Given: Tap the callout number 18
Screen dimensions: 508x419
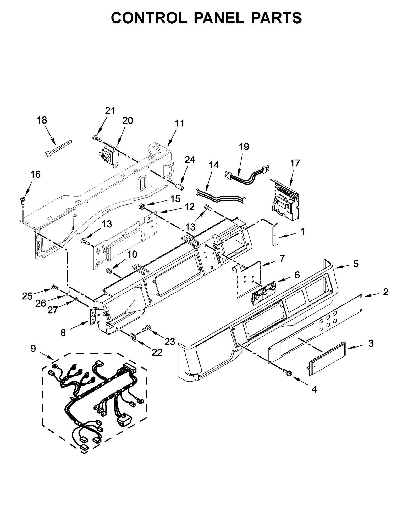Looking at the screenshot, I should (x=42, y=120).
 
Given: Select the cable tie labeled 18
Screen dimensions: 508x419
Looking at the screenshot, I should (x=58, y=148).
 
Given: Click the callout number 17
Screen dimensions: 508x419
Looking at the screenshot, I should (x=295, y=163).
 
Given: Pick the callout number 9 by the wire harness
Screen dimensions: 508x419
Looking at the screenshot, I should (x=33, y=348).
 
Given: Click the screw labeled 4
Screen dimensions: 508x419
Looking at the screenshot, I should (x=288, y=373).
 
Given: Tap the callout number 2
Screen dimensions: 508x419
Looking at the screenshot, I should (x=385, y=292).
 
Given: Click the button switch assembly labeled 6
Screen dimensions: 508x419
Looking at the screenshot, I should (x=264, y=293).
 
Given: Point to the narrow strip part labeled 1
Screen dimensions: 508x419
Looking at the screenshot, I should (x=275, y=234).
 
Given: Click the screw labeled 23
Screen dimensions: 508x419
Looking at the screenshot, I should (x=147, y=328).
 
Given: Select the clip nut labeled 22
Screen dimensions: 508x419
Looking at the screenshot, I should (x=134, y=337).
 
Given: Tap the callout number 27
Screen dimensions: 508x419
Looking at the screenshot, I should (x=53, y=310).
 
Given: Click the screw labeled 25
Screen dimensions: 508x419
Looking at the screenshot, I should (x=56, y=287).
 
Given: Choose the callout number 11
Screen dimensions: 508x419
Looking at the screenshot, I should (x=180, y=123).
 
